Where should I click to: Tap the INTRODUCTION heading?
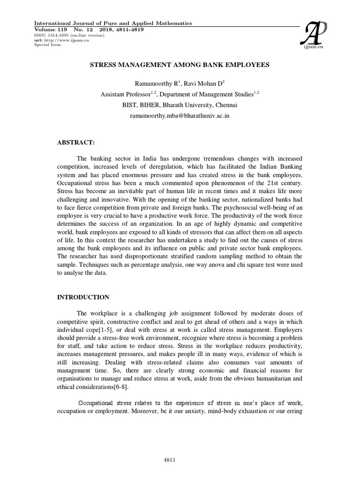83,297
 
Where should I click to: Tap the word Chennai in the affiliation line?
226,105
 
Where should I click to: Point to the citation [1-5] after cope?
107,322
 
